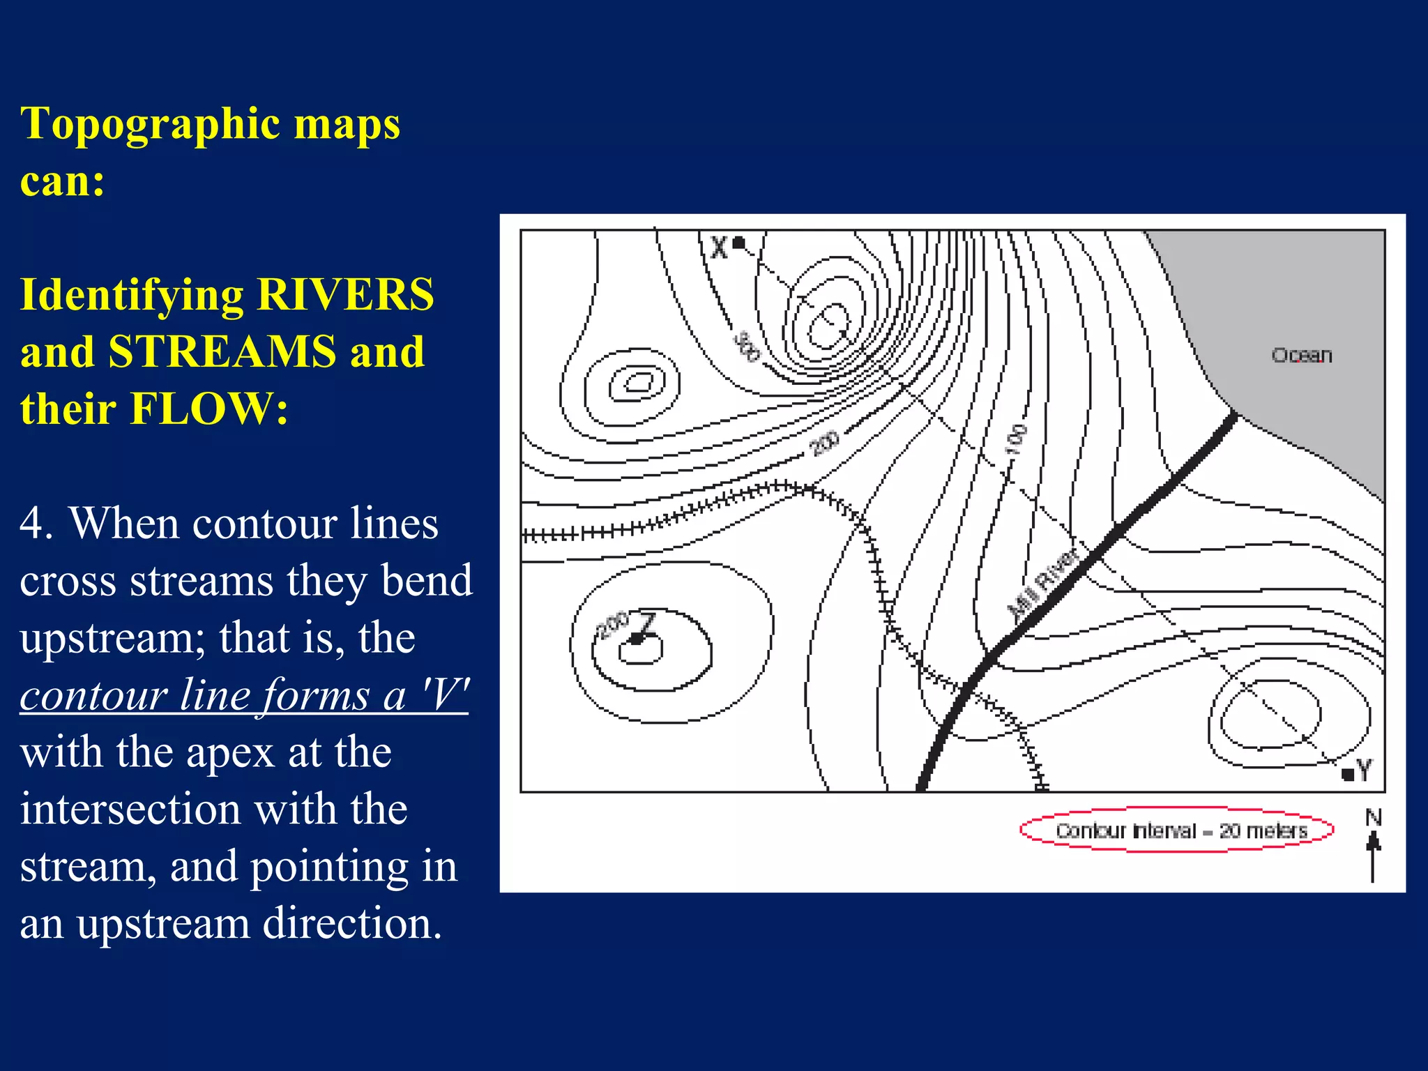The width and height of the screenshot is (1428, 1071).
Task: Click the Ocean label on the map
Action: point(1302,356)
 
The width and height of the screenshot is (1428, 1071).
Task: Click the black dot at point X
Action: point(739,243)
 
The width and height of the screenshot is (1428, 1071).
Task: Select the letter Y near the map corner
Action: point(1365,770)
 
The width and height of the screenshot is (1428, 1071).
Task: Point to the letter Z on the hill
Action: point(648,623)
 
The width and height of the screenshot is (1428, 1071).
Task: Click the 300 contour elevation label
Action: point(746,347)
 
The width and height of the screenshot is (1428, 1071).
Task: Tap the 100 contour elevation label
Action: point(1016,440)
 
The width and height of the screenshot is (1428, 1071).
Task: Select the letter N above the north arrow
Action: point(1373,817)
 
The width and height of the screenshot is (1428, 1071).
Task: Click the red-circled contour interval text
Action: point(1180,830)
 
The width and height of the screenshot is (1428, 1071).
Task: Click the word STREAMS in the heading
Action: point(222,351)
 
